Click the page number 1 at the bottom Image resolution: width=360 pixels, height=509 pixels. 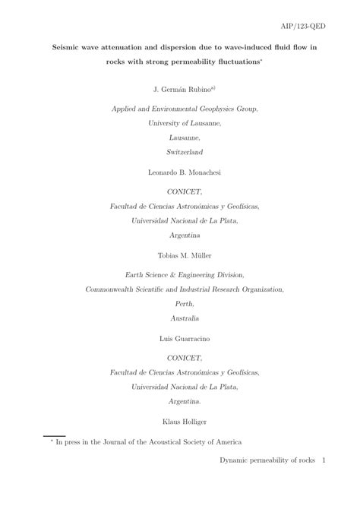323,482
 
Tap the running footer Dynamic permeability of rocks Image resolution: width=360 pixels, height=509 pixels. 267,482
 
